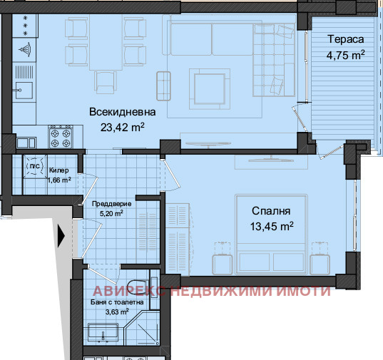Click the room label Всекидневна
[118, 112]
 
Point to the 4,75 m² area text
[346, 54]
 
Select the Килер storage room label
[58, 171]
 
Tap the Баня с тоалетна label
[117, 302]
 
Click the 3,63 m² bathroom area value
[117, 312]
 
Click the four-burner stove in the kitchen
[60, 135]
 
